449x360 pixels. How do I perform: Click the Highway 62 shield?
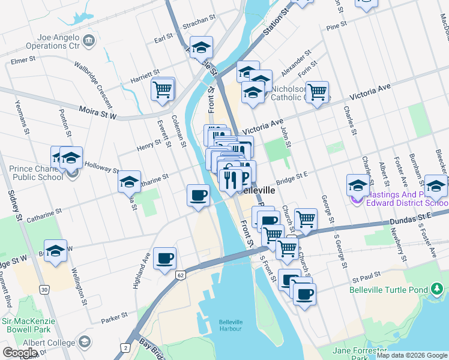click(x=180, y=275)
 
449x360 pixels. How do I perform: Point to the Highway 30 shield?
click(x=44, y=290)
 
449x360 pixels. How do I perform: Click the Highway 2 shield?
click(x=126, y=347)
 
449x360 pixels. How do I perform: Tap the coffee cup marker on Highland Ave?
click(x=164, y=259)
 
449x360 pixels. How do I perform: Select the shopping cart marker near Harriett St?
click(x=163, y=89)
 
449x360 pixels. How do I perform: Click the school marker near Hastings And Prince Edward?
click(x=358, y=185)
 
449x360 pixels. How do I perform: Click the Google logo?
click(x=20, y=353)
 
